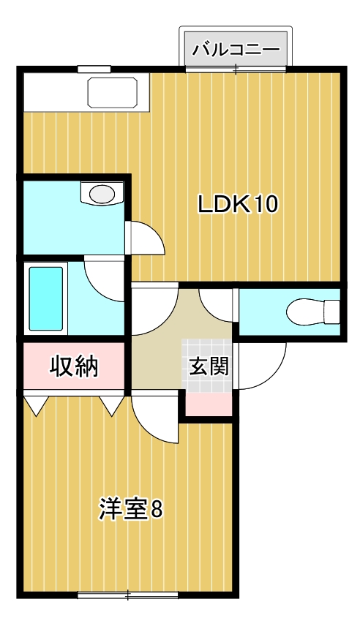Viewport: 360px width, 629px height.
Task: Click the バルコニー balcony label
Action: pyautogui.click(x=236, y=50)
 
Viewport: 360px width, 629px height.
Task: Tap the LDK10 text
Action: pyautogui.click(x=239, y=205)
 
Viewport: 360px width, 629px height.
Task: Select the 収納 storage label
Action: pyautogui.click(x=74, y=366)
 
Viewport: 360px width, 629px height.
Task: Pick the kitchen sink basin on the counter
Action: pyautogui.click(x=114, y=92)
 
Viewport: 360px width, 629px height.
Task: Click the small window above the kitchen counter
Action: pyautogui.click(x=94, y=69)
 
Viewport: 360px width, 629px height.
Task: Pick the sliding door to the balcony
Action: pyautogui.click(x=236, y=69)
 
